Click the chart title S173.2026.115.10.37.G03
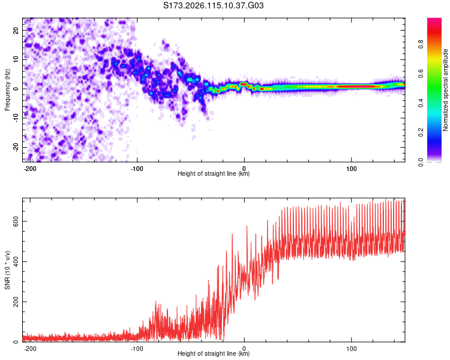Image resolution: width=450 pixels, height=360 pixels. [213, 5]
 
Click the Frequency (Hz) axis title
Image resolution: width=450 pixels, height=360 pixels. [7, 90]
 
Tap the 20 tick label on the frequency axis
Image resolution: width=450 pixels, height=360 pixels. [16, 30]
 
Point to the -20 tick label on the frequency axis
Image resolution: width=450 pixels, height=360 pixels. [16, 147]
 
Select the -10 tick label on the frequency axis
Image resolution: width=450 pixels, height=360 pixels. [16, 118]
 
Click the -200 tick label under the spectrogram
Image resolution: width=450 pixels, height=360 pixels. [29, 169]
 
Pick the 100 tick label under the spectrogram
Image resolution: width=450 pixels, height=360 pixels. [351, 169]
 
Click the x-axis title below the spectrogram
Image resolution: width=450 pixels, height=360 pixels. [214, 173]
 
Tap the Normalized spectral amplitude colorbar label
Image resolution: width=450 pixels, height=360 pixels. [445, 90]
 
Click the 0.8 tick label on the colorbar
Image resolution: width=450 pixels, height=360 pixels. [421, 44]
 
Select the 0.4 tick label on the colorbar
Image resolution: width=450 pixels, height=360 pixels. [421, 103]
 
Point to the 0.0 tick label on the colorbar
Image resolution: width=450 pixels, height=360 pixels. [421, 162]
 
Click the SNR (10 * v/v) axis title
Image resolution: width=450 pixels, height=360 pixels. [7, 270]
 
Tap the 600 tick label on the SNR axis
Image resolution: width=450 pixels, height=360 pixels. [16, 221]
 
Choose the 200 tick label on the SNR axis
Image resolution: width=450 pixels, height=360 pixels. [16, 302]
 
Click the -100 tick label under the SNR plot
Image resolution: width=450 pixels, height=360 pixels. [137, 349]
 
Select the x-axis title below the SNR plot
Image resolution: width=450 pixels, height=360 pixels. [214, 353]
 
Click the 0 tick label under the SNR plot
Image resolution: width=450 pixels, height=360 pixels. [244, 349]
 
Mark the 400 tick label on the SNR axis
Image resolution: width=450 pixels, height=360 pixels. [16, 262]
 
